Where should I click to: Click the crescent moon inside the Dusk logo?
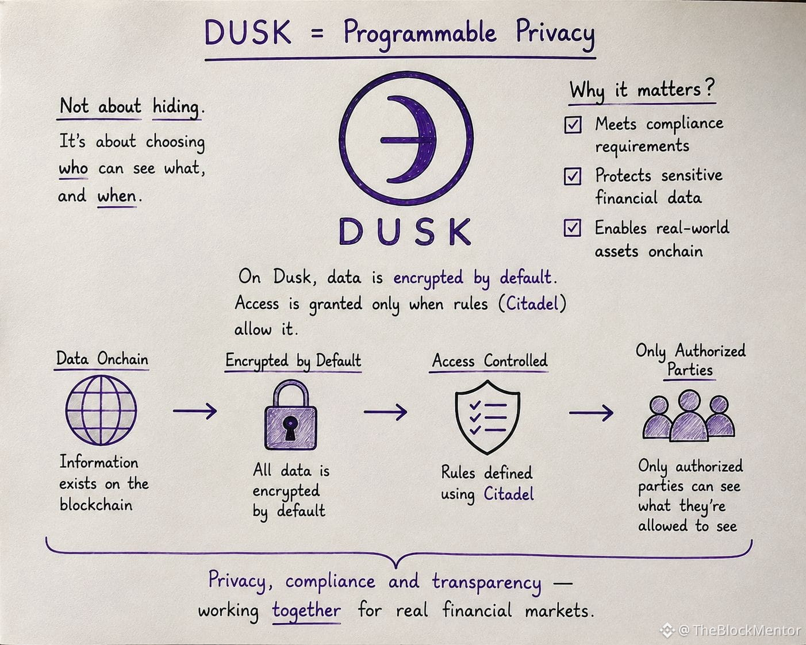pyautogui.click(x=423, y=139)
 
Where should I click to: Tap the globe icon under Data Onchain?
pyautogui.click(x=101, y=410)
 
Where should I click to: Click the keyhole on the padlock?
pyautogui.click(x=290, y=428)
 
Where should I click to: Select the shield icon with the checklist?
pyautogui.click(x=488, y=417)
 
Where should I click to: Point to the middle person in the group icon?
pyautogui.click(x=689, y=416)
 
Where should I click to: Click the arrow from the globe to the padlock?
pyautogui.click(x=195, y=411)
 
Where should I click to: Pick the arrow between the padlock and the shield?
pyautogui.click(x=385, y=412)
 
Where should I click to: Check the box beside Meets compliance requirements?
pyautogui.click(x=573, y=125)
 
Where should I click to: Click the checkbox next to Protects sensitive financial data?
pyautogui.click(x=573, y=176)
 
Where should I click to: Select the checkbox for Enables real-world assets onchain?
pyautogui.click(x=572, y=228)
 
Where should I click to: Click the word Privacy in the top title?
pyautogui.click(x=555, y=34)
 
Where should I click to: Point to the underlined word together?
pyautogui.click(x=306, y=611)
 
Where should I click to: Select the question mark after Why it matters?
pyautogui.click(x=709, y=87)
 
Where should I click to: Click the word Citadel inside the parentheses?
pyautogui.click(x=532, y=304)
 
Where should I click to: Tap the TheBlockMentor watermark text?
pyautogui.click(x=745, y=630)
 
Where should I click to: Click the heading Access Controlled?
pyautogui.click(x=489, y=360)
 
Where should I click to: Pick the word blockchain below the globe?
pyautogui.click(x=96, y=505)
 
